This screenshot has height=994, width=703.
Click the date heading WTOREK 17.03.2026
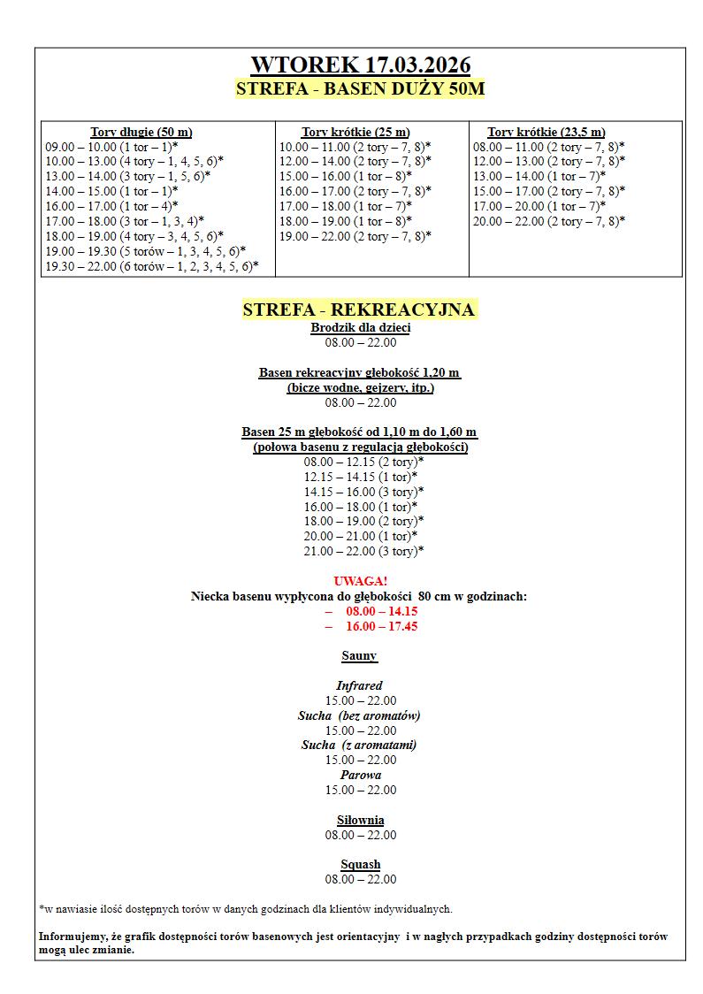360,65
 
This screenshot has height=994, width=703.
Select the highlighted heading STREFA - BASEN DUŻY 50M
360,88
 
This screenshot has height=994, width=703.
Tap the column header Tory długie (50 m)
141,132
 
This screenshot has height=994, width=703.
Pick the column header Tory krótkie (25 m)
355,132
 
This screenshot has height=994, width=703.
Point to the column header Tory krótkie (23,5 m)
546,132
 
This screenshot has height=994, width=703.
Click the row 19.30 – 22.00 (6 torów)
151,266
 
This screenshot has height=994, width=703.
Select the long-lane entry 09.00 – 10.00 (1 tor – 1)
111,146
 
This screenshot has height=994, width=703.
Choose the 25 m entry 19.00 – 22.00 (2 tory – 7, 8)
355,236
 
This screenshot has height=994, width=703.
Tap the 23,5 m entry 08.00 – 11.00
548,146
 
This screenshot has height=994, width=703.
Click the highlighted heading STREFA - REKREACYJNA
359,310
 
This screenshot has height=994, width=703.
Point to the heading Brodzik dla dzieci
361,327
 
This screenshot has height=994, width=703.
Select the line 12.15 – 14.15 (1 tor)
361,477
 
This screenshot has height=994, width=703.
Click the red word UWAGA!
361,581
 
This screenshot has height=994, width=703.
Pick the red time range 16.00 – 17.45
381,626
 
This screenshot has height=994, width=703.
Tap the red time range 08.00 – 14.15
381,611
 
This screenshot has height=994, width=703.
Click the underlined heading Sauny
360,656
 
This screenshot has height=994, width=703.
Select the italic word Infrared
359,685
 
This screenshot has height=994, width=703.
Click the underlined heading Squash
361,864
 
